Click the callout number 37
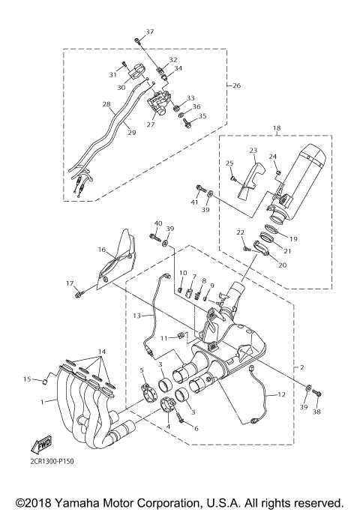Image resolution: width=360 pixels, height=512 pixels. point(149,31)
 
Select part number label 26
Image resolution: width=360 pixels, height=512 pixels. point(237,85)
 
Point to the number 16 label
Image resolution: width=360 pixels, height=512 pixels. point(100,250)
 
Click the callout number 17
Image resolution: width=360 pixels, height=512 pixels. point(70,283)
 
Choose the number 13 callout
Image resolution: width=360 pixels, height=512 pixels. point(137,316)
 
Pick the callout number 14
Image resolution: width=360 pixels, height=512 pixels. point(103,352)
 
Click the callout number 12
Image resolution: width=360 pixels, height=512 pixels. point(282,394)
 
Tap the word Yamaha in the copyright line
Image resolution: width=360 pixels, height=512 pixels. point(87,502)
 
